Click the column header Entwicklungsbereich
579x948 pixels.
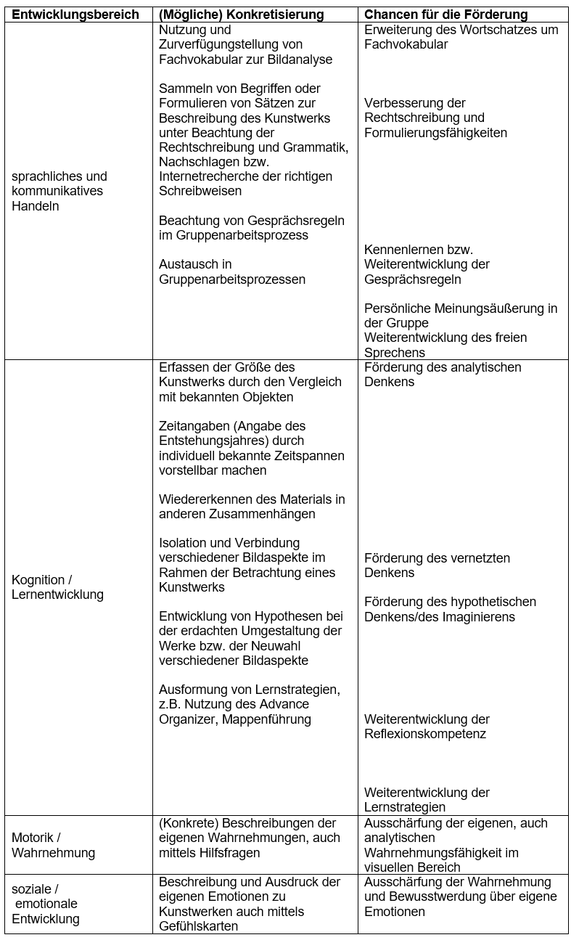coord(75,15)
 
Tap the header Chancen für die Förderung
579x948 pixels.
coord(445,15)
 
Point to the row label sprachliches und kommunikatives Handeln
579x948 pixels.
coord(59,191)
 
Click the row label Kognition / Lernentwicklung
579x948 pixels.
coord(57,587)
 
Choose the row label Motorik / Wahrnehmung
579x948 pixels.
coord(53,846)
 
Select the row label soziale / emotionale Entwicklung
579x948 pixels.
coord(45,904)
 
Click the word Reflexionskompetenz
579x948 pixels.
coord(425,734)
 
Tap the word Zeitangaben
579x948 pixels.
coord(192,426)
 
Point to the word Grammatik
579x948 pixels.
coord(317,147)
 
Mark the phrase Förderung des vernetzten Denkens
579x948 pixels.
coord(437,565)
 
